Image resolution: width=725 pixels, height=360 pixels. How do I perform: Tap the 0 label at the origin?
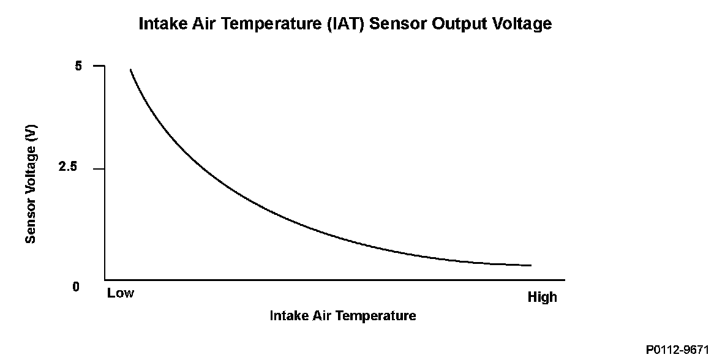coord(76,287)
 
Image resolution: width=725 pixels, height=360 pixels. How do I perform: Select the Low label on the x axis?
coord(121,293)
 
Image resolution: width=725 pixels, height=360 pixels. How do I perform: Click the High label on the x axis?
coord(543,297)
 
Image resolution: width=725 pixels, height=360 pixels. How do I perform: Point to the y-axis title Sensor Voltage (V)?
coord(31,183)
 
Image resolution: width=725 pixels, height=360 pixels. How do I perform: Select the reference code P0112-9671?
coord(677,349)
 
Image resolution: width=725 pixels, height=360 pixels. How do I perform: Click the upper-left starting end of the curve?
coord(130,70)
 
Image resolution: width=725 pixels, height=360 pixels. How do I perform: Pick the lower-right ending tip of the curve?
coord(530,265)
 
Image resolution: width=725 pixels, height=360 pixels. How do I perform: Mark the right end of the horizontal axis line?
coord(564,279)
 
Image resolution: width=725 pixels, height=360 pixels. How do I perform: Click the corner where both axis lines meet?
coord(105,279)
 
